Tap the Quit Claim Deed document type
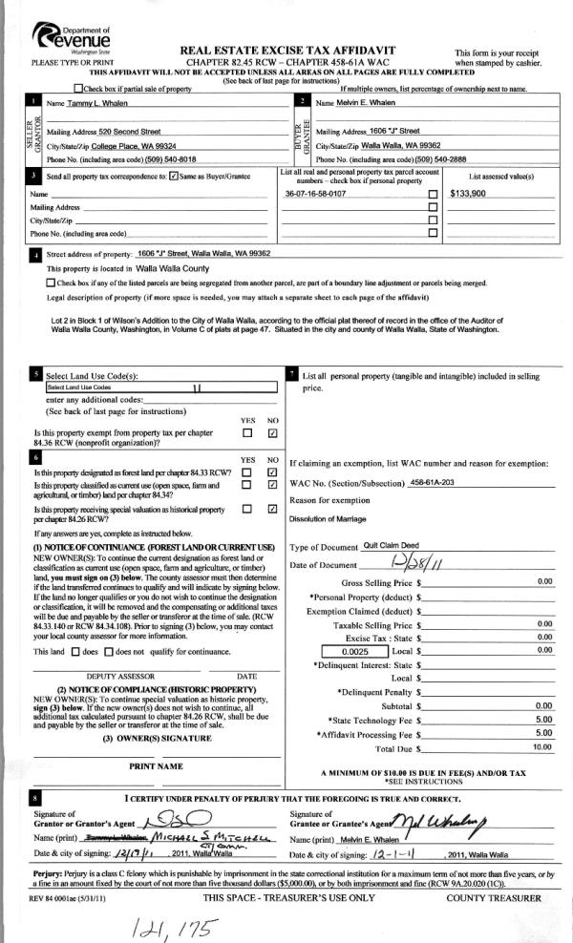(x=392, y=547)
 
